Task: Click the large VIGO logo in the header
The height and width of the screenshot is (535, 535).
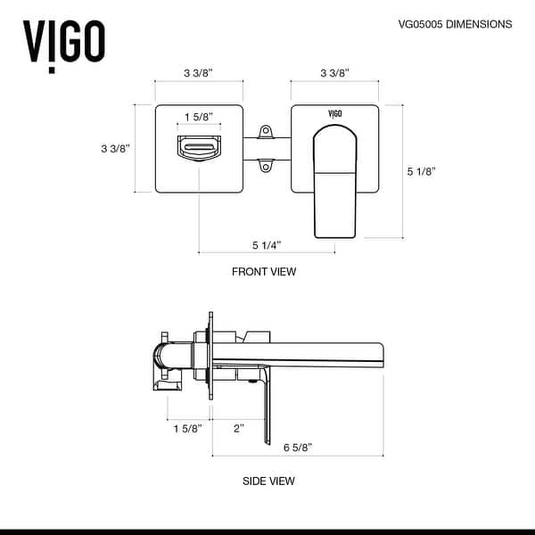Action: coord(63,38)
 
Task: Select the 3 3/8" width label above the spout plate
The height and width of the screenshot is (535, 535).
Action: coord(199,72)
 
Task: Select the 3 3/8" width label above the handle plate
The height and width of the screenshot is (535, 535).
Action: coord(334,72)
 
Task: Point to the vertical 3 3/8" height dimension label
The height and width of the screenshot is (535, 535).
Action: coord(116,149)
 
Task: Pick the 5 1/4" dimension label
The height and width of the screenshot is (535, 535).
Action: coord(267,244)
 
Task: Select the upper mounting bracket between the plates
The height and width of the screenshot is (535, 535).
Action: coord(265,133)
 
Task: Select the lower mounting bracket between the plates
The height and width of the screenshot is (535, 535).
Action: coord(265,165)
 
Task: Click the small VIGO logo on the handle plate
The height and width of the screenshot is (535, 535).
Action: coord(334,114)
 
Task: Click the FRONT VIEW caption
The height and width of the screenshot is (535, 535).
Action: coord(264,272)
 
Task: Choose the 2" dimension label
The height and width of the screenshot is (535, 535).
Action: coord(237,429)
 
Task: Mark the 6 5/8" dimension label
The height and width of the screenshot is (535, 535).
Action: coord(297,447)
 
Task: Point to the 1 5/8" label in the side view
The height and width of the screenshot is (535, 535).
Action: coord(186,429)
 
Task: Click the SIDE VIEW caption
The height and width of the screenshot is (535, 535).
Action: coord(268,481)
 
